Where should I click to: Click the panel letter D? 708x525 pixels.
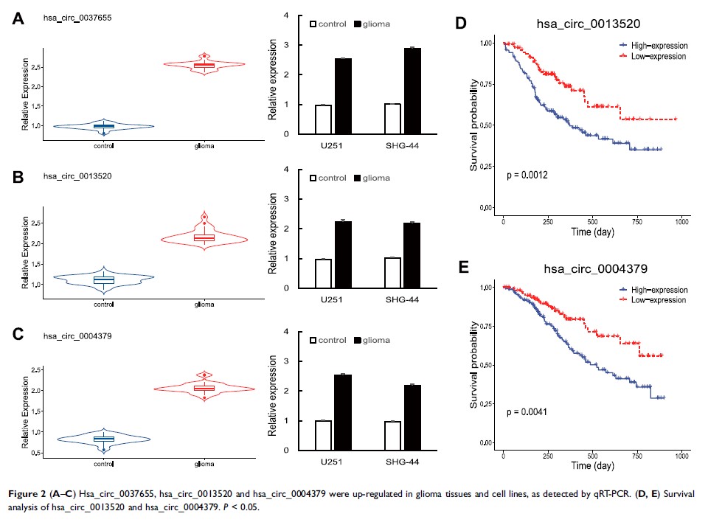461,24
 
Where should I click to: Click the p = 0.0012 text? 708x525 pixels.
531,178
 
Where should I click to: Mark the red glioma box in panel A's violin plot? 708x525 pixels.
204,65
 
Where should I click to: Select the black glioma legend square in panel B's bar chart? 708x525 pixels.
359,178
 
